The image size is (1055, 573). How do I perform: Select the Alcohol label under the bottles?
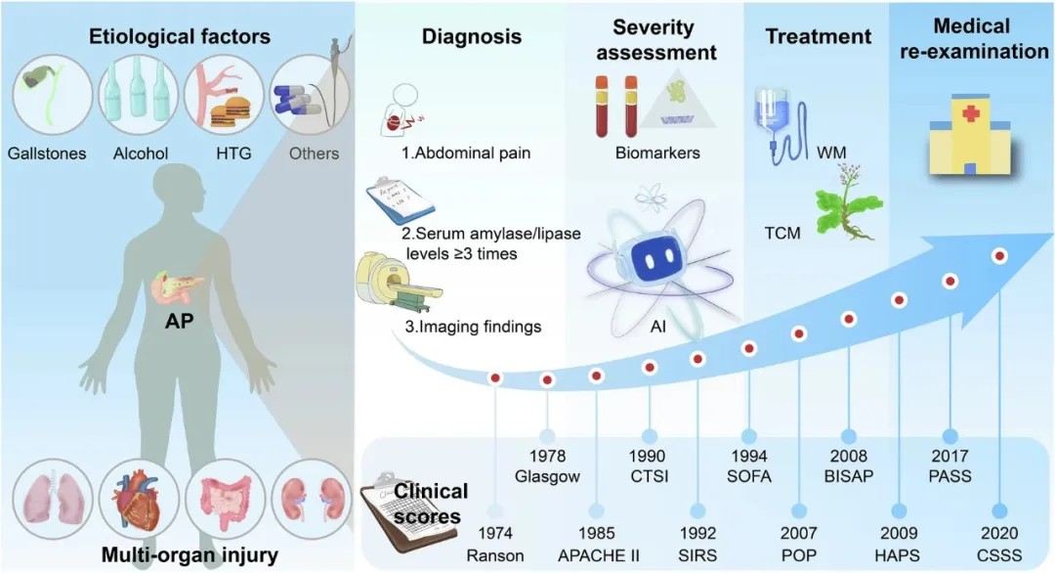141,153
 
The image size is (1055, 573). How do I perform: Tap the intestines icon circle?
227,504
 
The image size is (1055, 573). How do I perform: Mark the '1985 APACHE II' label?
597,545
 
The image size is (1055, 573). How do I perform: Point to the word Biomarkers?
657,153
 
